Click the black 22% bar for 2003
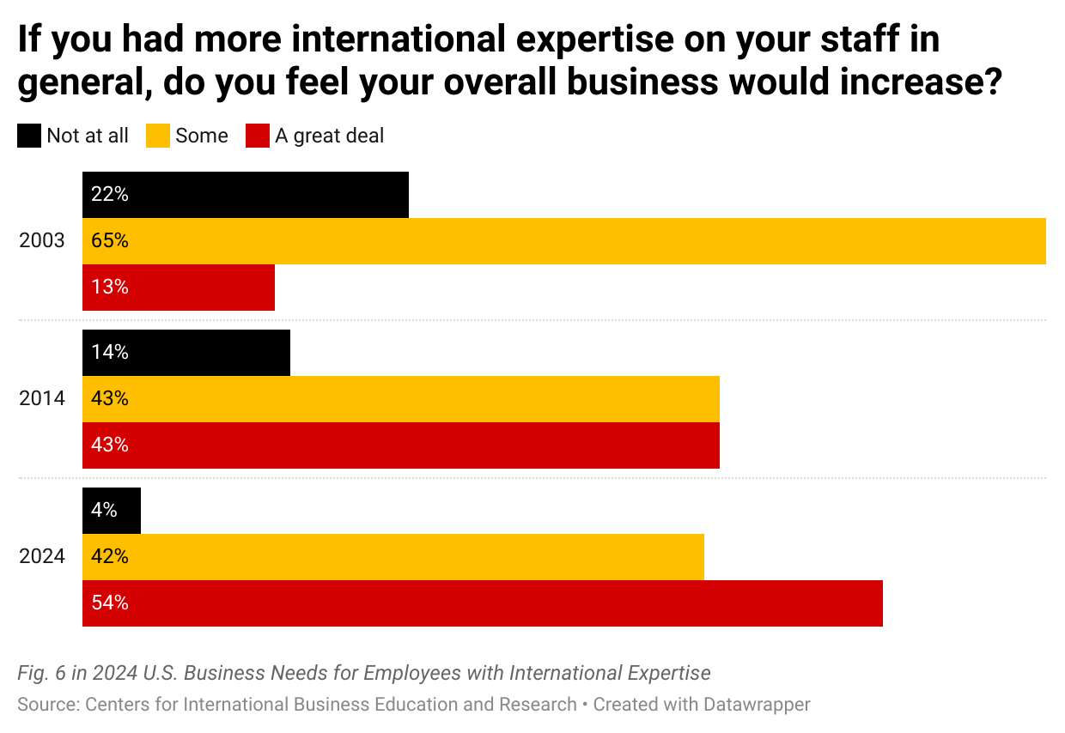click(x=245, y=195)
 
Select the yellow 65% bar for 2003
click(x=563, y=241)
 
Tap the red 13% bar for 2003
click(x=179, y=288)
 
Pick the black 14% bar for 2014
click(x=186, y=353)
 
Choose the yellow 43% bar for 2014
click(x=400, y=399)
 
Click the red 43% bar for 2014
click(x=400, y=445)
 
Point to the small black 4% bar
click(x=112, y=511)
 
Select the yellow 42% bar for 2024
click(x=393, y=557)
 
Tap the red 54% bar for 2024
click(x=482, y=603)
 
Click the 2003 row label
click(x=42, y=241)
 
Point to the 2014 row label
click(x=42, y=399)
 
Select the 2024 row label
click(x=42, y=557)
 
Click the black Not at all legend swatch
click(x=29, y=136)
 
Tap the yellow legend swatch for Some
click(x=158, y=136)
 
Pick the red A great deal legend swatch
click(x=258, y=136)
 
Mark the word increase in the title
click(x=916, y=82)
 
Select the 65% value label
click(x=110, y=241)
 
